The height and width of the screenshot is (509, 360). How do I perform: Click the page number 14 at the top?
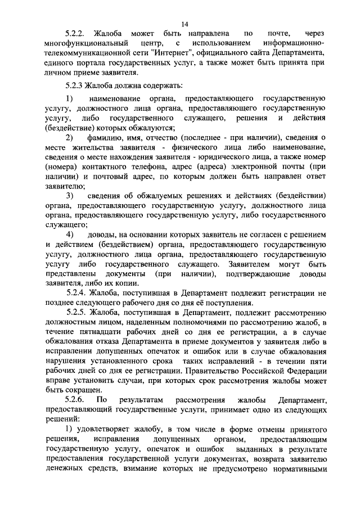click(x=185, y=24)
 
